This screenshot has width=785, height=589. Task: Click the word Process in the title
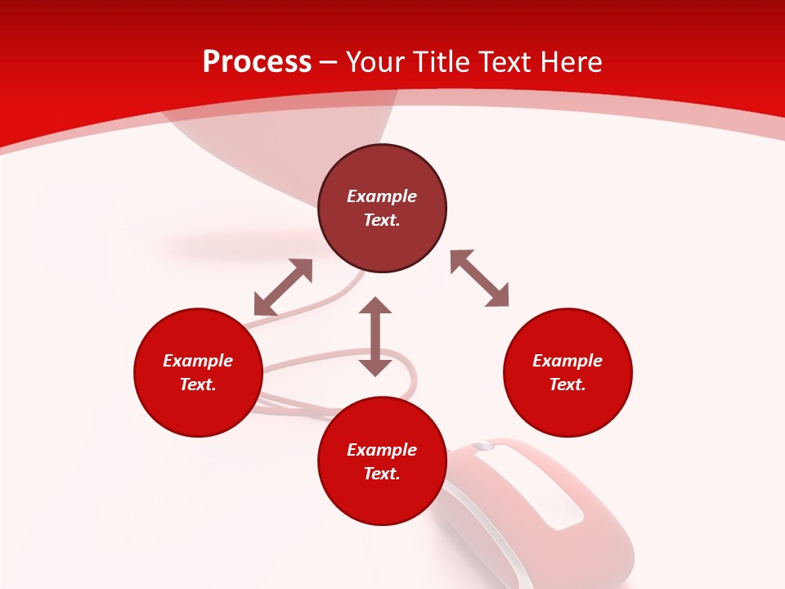pyautogui.click(x=257, y=62)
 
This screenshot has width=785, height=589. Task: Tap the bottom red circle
pyautogui.click(x=382, y=499)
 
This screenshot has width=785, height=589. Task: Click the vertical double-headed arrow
pyautogui.click(x=375, y=336)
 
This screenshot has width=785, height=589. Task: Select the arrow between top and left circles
pyautogui.click(x=284, y=287)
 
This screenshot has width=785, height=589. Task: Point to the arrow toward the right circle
pyautogui.click(x=480, y=278)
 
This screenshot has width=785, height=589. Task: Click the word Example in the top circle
pyautogui.click(x=382, y=196)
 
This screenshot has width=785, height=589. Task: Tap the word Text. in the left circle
pyautogui.click(x=198, y=384)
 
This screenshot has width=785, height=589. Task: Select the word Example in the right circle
pyautogui.click(x=567, y=361)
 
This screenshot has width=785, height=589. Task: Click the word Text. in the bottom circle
pyautogui.click(x=382, y=474)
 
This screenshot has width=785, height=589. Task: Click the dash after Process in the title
pyautogui.click(x=329, y=62)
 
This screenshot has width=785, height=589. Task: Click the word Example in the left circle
pyautogui.click(x=198, y=361)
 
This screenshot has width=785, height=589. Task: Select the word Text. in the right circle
pyautogui.click(x=567, y=384)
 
